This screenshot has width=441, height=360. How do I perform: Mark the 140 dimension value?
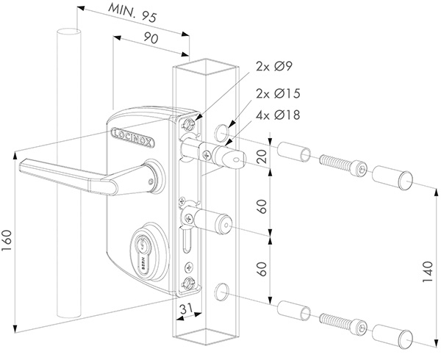428,274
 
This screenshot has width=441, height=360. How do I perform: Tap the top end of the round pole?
67,33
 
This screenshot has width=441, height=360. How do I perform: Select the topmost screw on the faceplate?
193,123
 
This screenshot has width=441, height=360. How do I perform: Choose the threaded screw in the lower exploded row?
339,320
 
